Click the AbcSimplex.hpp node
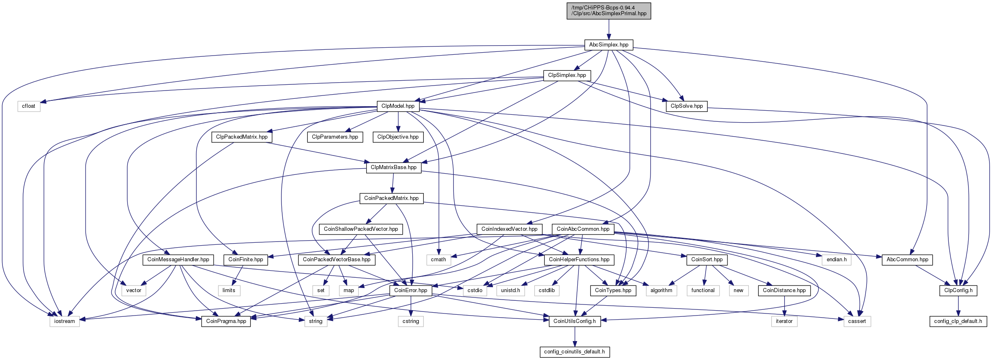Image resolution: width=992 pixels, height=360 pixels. coord(609,44)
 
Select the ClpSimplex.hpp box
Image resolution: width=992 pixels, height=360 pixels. coord(567,75)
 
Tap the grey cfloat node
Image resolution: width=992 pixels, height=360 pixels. coord(29,106)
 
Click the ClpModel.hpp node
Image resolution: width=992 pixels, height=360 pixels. coord(398,106)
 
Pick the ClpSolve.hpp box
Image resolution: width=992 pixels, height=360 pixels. coord(687,106)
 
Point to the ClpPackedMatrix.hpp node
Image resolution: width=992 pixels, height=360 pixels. coord(242,137)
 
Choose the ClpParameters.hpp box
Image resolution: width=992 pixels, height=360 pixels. coord(335,137)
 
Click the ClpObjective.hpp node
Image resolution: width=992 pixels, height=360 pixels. coord(398,137)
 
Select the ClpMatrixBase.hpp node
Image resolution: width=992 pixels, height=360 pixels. coord(394,167)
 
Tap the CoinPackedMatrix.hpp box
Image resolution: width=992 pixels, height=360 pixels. coord(391,198)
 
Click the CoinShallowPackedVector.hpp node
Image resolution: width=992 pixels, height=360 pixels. coord(361,229)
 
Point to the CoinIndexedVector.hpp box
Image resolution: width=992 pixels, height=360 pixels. coord(509,229)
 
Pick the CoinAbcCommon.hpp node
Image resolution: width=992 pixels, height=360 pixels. coord(583,229)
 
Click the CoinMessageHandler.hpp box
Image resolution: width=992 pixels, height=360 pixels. coord(178,260)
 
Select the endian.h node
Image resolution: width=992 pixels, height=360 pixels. coord(836,260)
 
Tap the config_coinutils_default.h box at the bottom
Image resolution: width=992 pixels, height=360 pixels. coord(574,352)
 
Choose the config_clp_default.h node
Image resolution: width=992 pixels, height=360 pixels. coord(958,321)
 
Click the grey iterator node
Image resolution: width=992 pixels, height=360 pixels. coord(784,321)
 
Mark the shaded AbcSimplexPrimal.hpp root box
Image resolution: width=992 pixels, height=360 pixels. coord(609,11)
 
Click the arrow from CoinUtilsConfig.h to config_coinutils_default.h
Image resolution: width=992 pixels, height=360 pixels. coord(575,337)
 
